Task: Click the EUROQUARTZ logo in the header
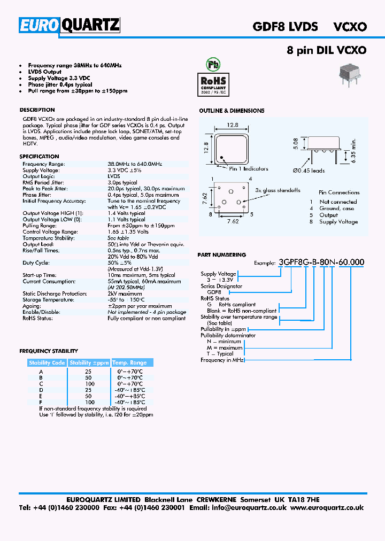pos(70,25)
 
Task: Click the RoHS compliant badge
pos(213,83)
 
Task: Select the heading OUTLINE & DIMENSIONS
pos(232,111)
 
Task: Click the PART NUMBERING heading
pos(222,255)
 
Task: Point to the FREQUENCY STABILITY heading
pos(49,351)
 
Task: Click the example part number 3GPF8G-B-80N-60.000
pos(321,262)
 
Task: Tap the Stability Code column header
pos(47,362)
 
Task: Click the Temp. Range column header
pos(129,362)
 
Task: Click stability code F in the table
pos(41,401)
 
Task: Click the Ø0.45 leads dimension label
pos(309,171)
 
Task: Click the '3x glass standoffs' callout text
pos(278,190)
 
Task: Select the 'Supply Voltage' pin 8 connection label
pos(338,222)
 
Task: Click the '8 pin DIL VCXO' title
pos(326,50)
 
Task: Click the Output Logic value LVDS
pos(114,176)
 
